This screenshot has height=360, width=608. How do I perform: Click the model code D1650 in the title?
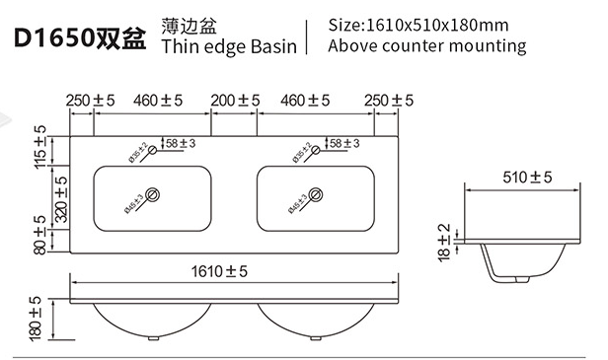54,38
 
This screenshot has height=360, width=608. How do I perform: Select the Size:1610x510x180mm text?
418,26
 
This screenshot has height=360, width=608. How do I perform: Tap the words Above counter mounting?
427,45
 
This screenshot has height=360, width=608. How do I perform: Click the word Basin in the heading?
273,46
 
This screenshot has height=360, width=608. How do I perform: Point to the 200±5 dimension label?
235,101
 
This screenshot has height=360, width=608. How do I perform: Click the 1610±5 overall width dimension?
219,271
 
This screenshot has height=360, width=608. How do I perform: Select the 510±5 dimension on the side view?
527,178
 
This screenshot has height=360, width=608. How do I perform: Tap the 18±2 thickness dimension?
444,243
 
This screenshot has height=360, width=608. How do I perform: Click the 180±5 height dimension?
35,319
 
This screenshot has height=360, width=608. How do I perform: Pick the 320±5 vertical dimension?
61,199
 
